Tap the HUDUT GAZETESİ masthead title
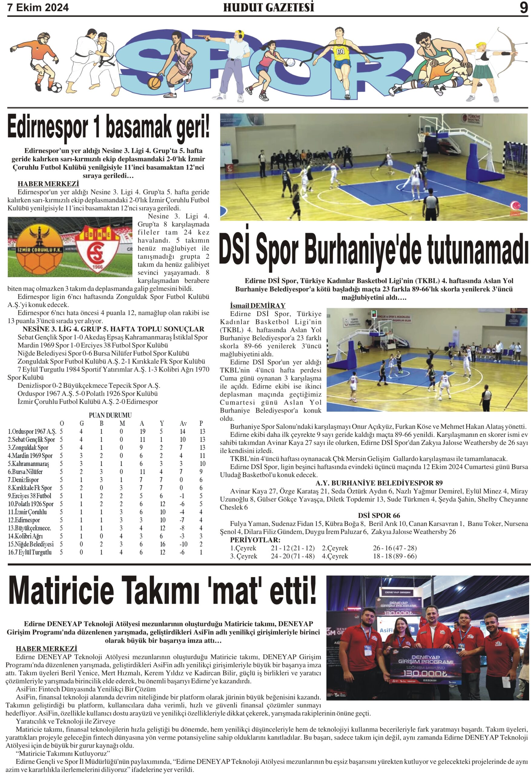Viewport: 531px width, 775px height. click(x=269, y=7)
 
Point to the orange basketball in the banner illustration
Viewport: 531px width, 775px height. click(x=154, y=83)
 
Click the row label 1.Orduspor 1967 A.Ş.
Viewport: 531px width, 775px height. click(x=32, y=431)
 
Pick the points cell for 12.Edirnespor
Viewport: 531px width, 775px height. click(x=201, y=520)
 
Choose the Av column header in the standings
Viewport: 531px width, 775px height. click(x=183, y=424)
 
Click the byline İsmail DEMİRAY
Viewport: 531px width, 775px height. click(x=258, y=305)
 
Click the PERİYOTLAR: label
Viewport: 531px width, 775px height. click(x=255, y=540)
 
